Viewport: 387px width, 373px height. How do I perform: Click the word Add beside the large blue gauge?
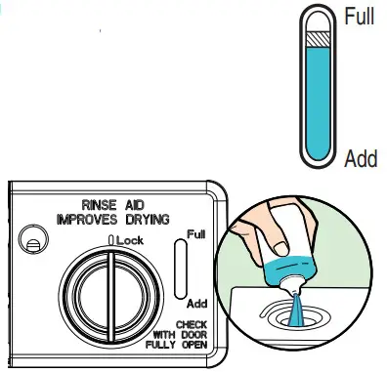(360, 158)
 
